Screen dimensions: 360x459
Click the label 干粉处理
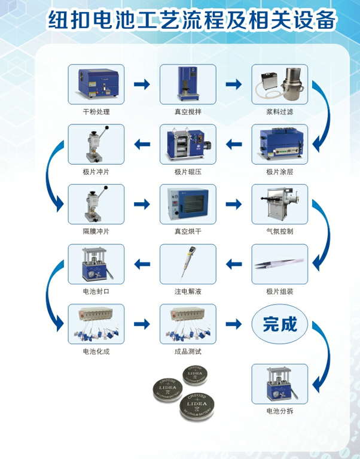click(96, 111)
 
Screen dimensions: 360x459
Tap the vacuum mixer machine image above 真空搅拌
click(188, 84)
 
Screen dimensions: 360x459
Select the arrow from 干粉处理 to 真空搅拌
click(142, 84)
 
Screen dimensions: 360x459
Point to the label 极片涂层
click(280, 172)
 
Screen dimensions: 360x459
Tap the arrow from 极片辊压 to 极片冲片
click(142, 144)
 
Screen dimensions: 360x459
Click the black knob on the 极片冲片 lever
click(107, 127)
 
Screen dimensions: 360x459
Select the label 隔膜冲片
click(96, 231)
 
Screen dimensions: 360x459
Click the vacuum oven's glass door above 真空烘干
click(194, 203)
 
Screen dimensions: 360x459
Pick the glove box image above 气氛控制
click(279, 203)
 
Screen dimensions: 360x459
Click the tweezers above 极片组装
click(279, 263)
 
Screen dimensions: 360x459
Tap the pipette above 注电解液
click(188, 263)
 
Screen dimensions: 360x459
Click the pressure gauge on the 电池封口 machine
click(92, 274)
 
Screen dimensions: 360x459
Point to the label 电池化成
click(96, 351)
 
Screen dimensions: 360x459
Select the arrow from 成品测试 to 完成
click(234, 324)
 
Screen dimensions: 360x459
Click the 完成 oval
click(280, 324)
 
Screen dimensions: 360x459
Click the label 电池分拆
click(280, 411)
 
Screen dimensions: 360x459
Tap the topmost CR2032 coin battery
click(195, 375)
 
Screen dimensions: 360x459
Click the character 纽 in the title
click(58, 20)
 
